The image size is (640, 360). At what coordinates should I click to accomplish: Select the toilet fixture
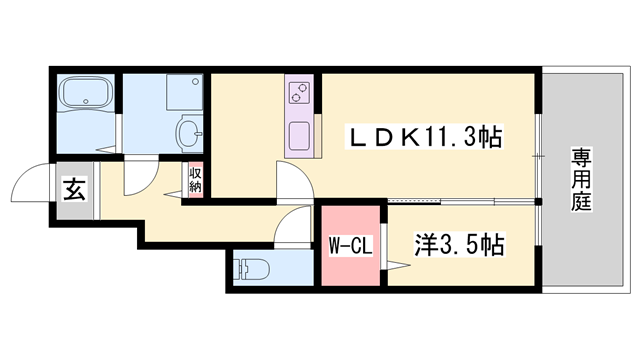(250, 269)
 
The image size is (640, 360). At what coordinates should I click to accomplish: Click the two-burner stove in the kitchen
(298, 93)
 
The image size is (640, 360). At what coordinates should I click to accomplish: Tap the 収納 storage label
(195, 181)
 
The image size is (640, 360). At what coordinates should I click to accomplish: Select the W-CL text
(350, 244)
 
